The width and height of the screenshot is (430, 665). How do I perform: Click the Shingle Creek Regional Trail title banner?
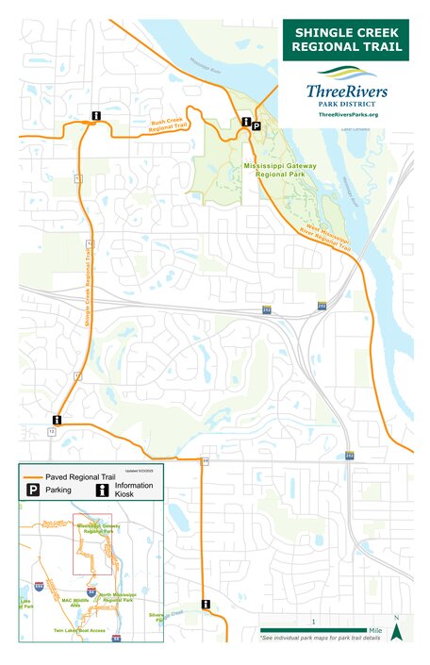click(x=346, y=40)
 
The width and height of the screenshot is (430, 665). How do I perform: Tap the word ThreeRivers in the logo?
click(x=346, y=91)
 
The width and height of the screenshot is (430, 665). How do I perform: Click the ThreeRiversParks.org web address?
click(x=347, y=114)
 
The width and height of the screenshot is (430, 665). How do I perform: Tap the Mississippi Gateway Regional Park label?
click(x=279, y=170)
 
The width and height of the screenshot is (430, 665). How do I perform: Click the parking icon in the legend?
click(x=32, y=490)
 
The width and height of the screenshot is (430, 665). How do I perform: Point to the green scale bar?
click(x=314, y=630)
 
